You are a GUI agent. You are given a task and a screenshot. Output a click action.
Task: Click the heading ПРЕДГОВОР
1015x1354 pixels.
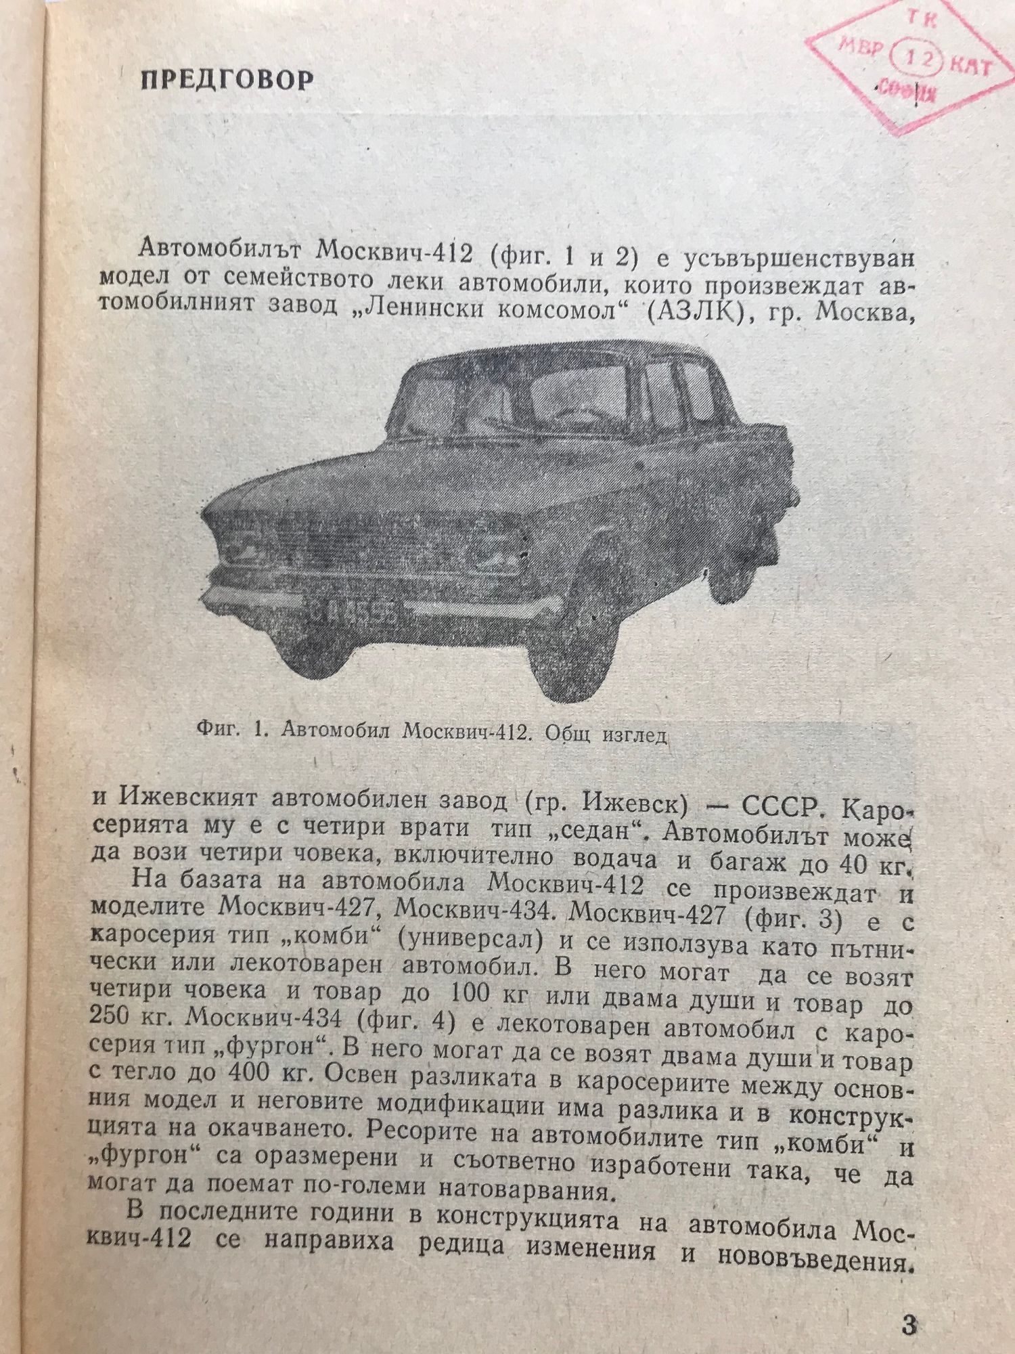[x=227, y=80]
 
